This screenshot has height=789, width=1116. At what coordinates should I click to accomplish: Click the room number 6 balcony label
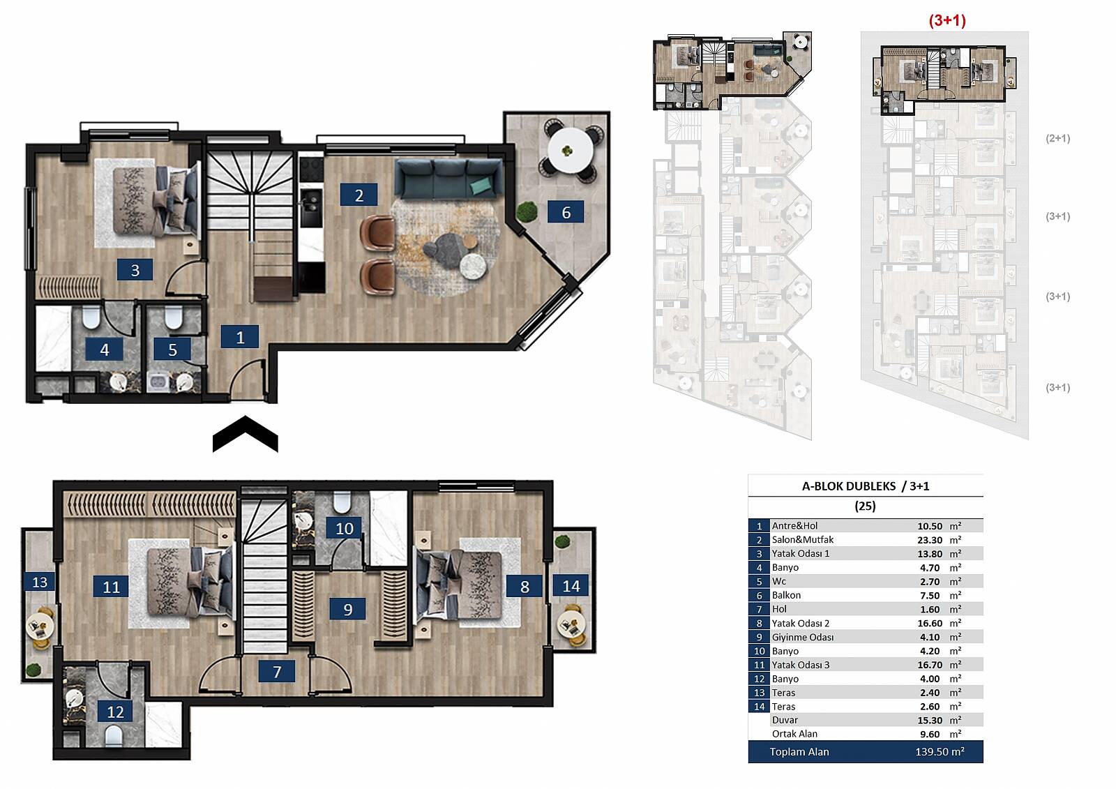click(566, 212)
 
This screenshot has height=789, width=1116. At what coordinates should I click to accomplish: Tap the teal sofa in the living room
click(449, 179)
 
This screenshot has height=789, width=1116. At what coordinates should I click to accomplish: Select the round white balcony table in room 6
click(571, 150)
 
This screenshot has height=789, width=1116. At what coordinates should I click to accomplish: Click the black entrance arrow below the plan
click(245, 433)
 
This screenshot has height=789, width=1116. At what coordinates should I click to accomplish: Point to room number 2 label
click(359, 195)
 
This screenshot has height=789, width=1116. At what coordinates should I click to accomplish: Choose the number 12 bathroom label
click(115, 712)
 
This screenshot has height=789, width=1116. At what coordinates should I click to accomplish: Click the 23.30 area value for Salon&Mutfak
click(930, 540)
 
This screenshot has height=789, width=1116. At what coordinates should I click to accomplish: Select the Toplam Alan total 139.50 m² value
click(940, 751)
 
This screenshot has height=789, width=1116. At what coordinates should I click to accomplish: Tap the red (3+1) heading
click(947, 20)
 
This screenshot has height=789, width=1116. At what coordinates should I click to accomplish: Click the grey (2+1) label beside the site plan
click(1057, 138)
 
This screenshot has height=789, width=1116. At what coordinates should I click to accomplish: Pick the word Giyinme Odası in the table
click(803, 637)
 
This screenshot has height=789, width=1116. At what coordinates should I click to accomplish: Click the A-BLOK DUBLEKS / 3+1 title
click(866, 486)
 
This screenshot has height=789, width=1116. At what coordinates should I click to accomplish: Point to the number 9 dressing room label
click(348, 608)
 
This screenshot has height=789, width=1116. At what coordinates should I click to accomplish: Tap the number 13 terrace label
click(39, 582)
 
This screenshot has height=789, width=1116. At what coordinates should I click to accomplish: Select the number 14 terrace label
click(571, 585)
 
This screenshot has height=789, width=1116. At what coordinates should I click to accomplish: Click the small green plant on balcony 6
click(526, 212)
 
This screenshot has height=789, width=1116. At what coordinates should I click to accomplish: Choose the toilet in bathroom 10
click(341, 502)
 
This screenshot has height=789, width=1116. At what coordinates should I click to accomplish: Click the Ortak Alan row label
click(794, 734)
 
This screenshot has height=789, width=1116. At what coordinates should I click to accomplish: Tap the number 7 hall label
click(277, 671)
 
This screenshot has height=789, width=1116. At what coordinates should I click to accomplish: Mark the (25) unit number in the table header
click(865, 506)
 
